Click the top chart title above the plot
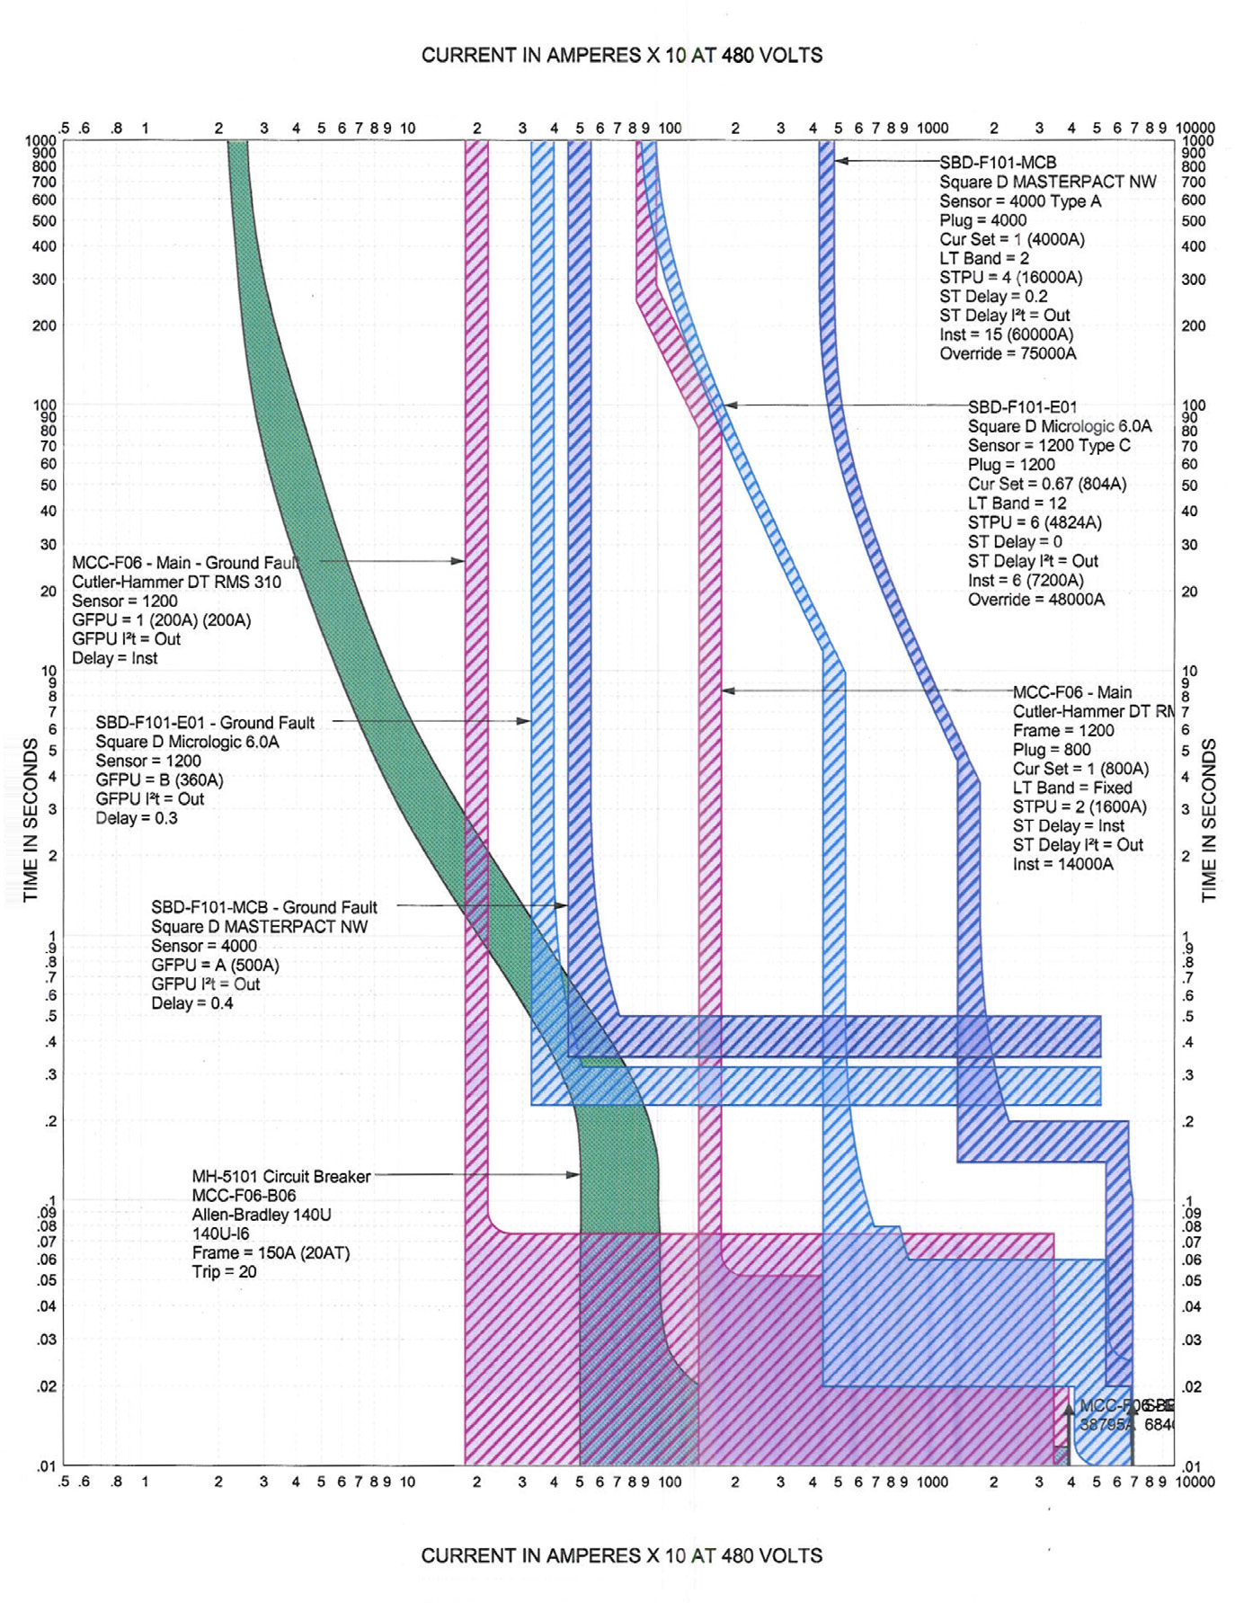point(621,56)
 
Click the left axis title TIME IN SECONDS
point(31,819)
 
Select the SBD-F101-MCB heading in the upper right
point(998,163)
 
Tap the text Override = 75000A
point(1008,354)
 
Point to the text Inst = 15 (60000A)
point(1006,334)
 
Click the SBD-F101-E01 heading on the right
point(1022,407)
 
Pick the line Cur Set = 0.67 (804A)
point(1046,484)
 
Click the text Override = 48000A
point(1035,600)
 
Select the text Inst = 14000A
point(1062,864)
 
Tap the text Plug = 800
point(1052,750)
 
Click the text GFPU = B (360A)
point(159,779)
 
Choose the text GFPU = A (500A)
point(215,965)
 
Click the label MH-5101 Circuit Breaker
point(280,1176)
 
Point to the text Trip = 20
point(224,1272)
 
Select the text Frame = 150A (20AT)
point(271,1253)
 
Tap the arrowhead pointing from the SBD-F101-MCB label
point(840,161)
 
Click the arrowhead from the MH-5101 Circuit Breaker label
point(574,1174)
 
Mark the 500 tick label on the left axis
point(44,221)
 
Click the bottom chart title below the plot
point(621,1555)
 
